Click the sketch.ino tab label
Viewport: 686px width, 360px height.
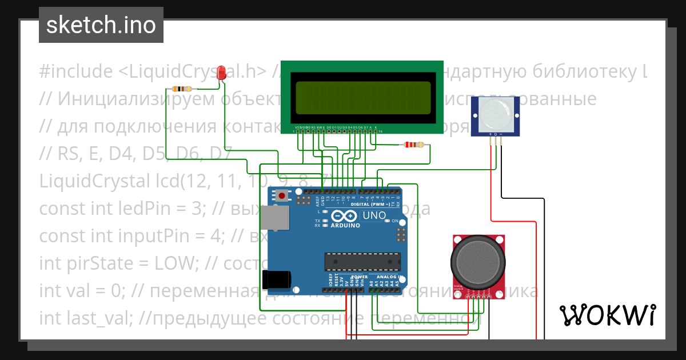pos(101,25)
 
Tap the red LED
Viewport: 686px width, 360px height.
pos(222,73)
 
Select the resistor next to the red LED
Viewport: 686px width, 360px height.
pos(182,89)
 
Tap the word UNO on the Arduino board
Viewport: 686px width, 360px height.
pos(375,215)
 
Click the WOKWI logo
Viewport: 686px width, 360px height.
pos(607,315)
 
